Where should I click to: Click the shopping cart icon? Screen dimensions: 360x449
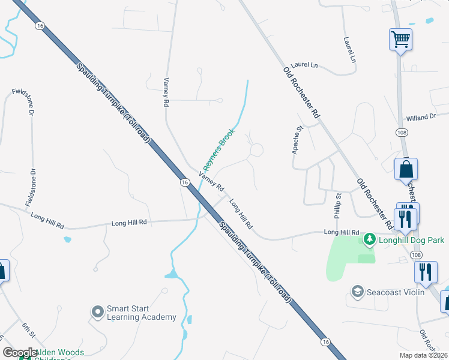click(400, 40)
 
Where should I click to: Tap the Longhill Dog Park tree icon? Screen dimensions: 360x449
click(370, 239)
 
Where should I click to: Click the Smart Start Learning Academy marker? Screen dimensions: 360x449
click(98, 312)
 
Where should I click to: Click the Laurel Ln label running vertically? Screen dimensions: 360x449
click(349, 50)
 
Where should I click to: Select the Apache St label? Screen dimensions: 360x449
click(297, 140)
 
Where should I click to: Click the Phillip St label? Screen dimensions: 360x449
click(338, 206)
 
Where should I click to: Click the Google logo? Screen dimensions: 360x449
click(20, 353)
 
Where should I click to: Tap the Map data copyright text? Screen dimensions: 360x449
click(423, 355)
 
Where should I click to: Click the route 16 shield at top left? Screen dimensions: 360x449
click(40, 26)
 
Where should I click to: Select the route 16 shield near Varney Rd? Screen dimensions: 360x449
click(184, 182)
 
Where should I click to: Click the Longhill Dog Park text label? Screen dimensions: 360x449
click(412, 240)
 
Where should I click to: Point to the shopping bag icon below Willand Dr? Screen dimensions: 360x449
click(406, 170)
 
